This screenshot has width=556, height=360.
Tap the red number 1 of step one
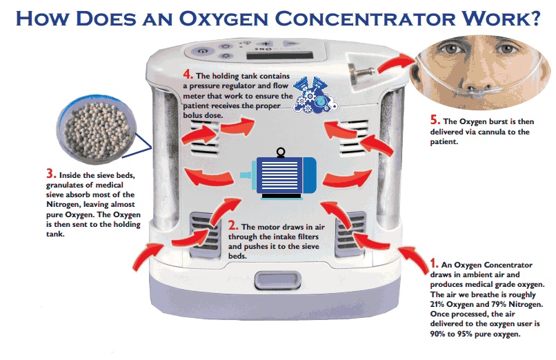[433, 263]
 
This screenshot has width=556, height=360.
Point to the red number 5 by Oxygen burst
[435, 119]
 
